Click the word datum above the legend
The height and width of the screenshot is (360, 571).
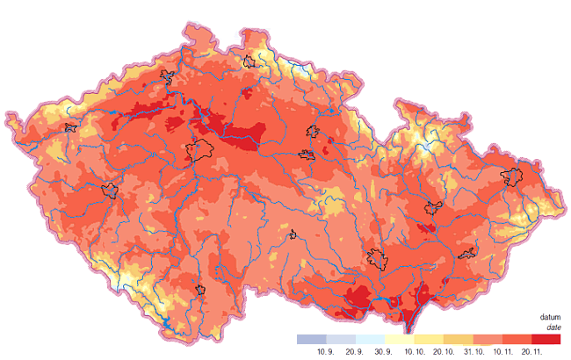point(550,318)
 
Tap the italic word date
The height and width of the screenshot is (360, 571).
point(553,328)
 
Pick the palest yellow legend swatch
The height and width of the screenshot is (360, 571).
point(399,339)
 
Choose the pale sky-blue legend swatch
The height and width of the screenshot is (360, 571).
point(370,339)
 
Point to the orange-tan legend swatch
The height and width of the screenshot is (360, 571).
point(459,339)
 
